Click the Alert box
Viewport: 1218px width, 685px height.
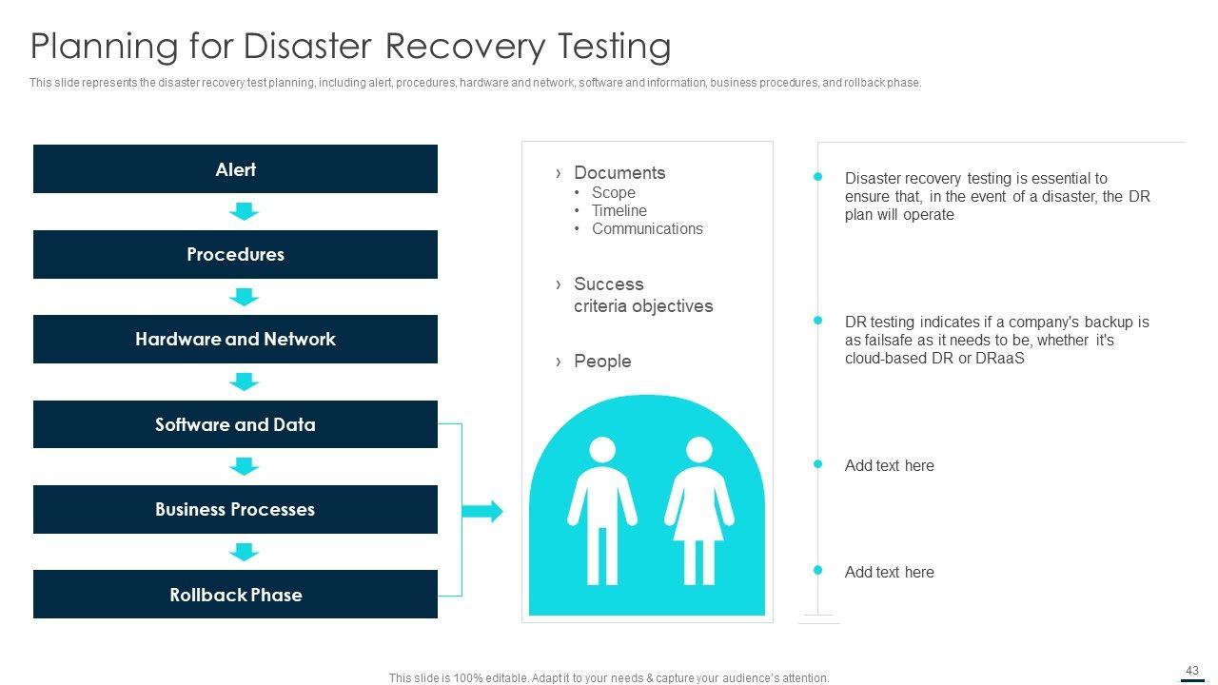(235, 168)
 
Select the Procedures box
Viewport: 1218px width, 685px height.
(235, 254)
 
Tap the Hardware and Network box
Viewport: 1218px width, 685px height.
(235, 340)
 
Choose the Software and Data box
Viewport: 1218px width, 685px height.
(235, 424)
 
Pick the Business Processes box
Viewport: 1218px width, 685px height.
(235, 509)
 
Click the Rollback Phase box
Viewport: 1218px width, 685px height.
(235, 595)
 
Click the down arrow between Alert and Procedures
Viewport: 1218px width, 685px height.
(244, 211)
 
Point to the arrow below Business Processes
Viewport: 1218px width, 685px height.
(244, 552)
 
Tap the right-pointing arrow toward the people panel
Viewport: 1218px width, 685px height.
(482, 511)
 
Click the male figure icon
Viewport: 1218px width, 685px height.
(602, 511)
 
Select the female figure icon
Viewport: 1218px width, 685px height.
(699, 511)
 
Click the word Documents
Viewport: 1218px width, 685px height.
(619, 173)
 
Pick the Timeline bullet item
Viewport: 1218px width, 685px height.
(619, 210)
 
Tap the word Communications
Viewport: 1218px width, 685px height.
(647, 229)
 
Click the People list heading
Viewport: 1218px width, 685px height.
(602, 362)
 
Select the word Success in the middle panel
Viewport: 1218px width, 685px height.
(609, 284)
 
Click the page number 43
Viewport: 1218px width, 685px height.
(1192, 671)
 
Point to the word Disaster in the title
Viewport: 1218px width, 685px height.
(307, 46)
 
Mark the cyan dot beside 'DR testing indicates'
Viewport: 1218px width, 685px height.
(817, 321)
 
